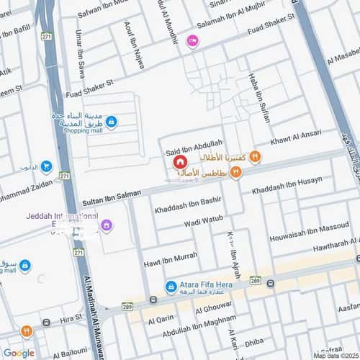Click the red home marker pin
coord(179,163)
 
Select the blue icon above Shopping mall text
coord(110,122)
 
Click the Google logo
coord(19,353)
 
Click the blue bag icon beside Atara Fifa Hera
coord(171,287)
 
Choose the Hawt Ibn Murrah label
coord(170,256)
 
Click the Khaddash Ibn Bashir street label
coord(186,202)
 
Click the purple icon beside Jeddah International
coord(107,225)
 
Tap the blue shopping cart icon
coord(47,167)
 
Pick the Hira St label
coord(71,318)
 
